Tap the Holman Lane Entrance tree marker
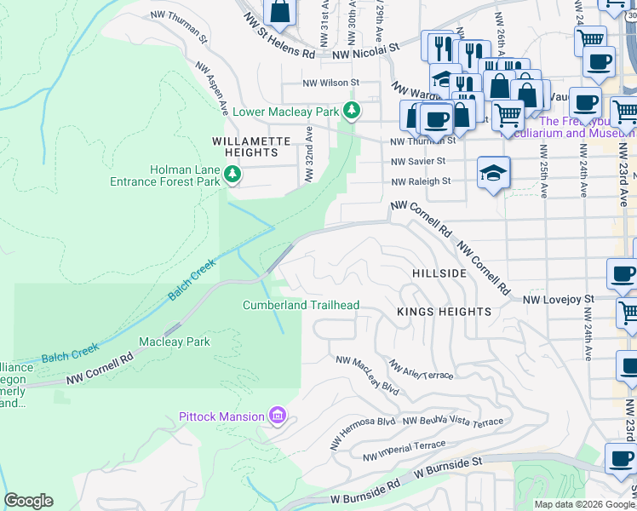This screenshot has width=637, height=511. pos(232,175)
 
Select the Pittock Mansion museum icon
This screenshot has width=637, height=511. pos(276,416)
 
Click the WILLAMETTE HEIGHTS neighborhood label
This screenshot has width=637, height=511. pos(245,146)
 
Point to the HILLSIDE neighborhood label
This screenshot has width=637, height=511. pos(439,273)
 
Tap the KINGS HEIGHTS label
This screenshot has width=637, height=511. pos(444,312)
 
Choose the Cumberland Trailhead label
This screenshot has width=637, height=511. pos(301,305)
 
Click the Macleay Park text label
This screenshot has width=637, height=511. pos(175,342)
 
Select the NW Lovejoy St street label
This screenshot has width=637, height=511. pos(558,300)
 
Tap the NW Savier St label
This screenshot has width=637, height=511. pos(418,161)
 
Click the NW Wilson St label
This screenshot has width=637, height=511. pos(332,83)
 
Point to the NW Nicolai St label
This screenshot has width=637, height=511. pos(365,52)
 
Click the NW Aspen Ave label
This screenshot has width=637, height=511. pos(213,89)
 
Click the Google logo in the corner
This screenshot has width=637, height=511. pos(28,501)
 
